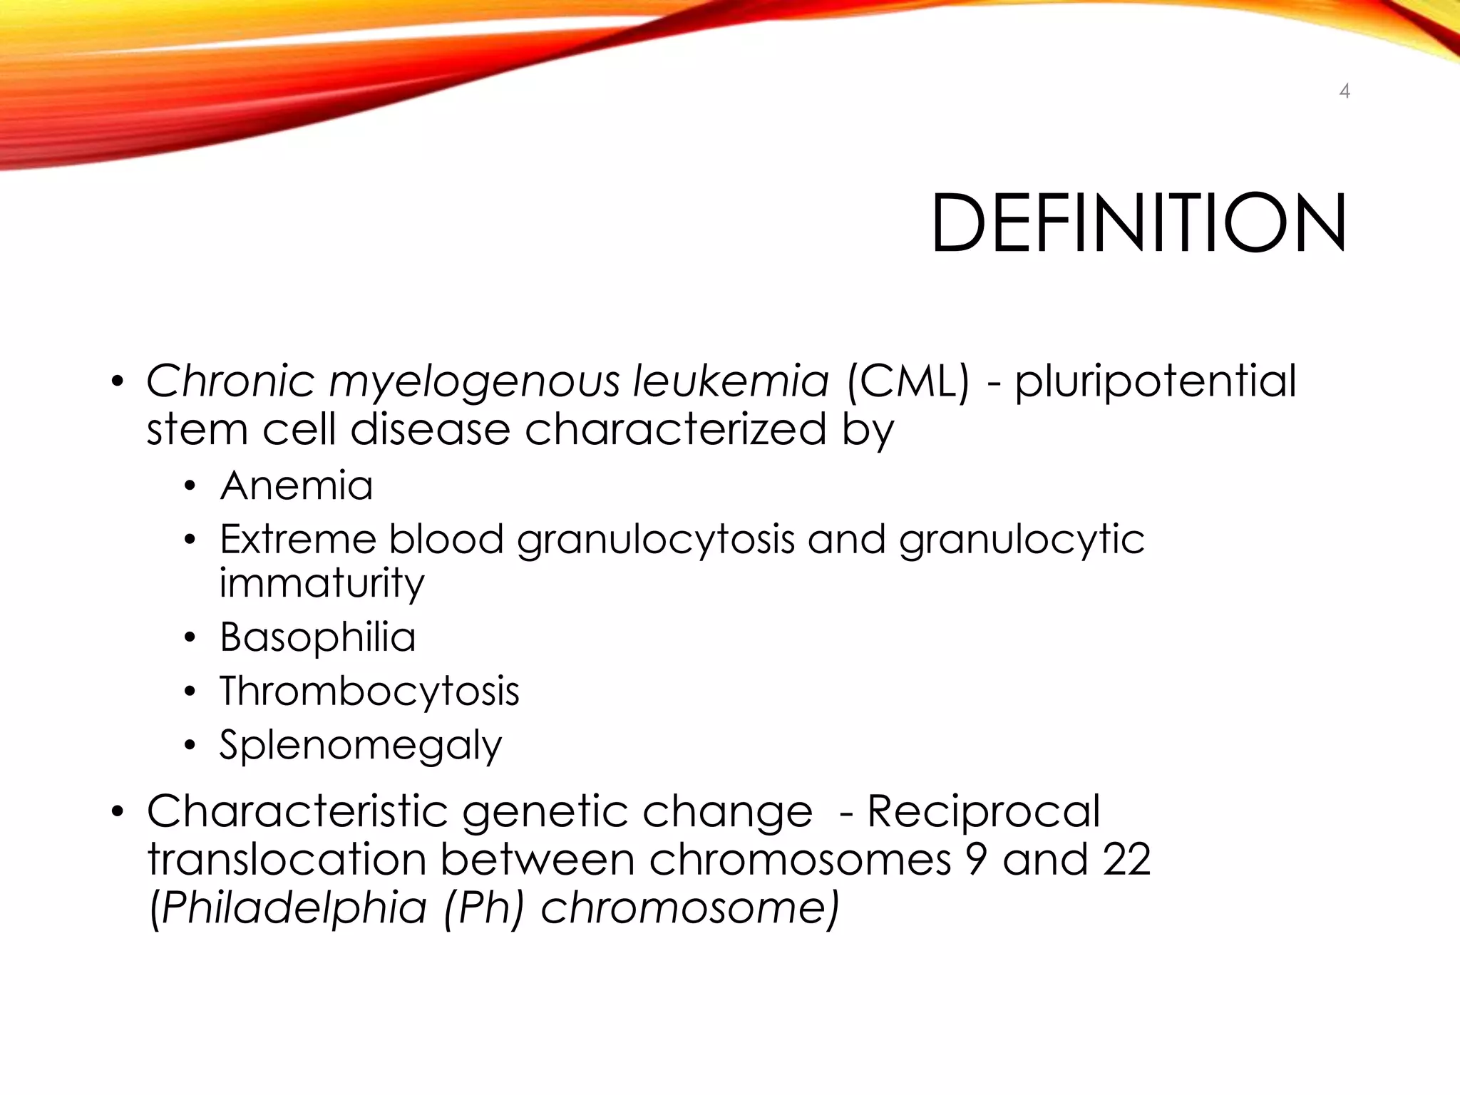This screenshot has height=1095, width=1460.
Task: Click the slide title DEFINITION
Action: tap(1138, 223)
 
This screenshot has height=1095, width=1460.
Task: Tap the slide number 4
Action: tap(1345, 91)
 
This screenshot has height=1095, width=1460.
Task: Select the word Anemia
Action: tap(297, 485)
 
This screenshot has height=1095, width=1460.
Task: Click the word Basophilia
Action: tap(317, 637)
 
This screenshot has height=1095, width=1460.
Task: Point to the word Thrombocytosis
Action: tap(369, 691)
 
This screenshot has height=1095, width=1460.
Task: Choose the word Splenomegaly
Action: tap(361, 746)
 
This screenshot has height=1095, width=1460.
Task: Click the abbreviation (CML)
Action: tap(908, 381)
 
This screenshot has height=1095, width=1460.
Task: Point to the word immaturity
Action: tap(322, 583)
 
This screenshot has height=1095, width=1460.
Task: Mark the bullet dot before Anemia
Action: tap(189, 487)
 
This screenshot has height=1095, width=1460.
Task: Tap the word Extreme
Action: tap(297, 539)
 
